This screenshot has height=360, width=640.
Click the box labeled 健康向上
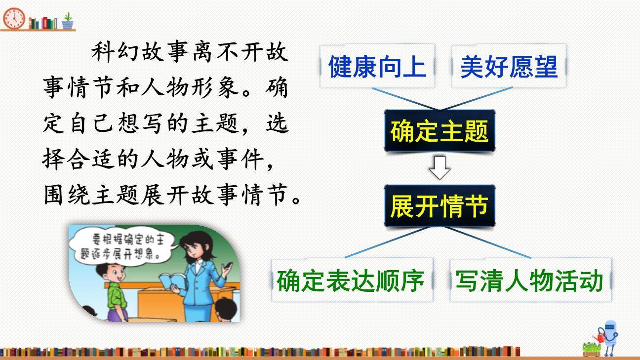pyautogui.click(x=377, y=66)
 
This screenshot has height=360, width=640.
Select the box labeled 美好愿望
pyautogui.click(x=509, y=66)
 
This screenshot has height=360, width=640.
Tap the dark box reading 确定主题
pyautogui.click(x=439, y=131)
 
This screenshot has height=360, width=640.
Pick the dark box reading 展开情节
pyautogui.click(x=439, y=206)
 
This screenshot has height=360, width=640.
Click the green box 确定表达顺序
pyautogui.click(x=351, y=280)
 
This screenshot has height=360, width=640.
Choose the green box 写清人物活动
pyautogui.click(x=529, y=280)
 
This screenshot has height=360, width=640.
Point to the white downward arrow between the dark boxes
pyautogui.click(x=440, y=168)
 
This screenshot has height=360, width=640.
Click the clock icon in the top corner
pyautogui.click(x=13, y=18)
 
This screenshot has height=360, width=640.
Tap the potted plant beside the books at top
pyautogui.click(x=68, y=21)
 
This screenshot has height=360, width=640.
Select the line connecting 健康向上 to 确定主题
pyautogui.click(x=405, y=99)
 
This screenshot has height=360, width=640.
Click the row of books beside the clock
pyautogui.click(x=43, y=23)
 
